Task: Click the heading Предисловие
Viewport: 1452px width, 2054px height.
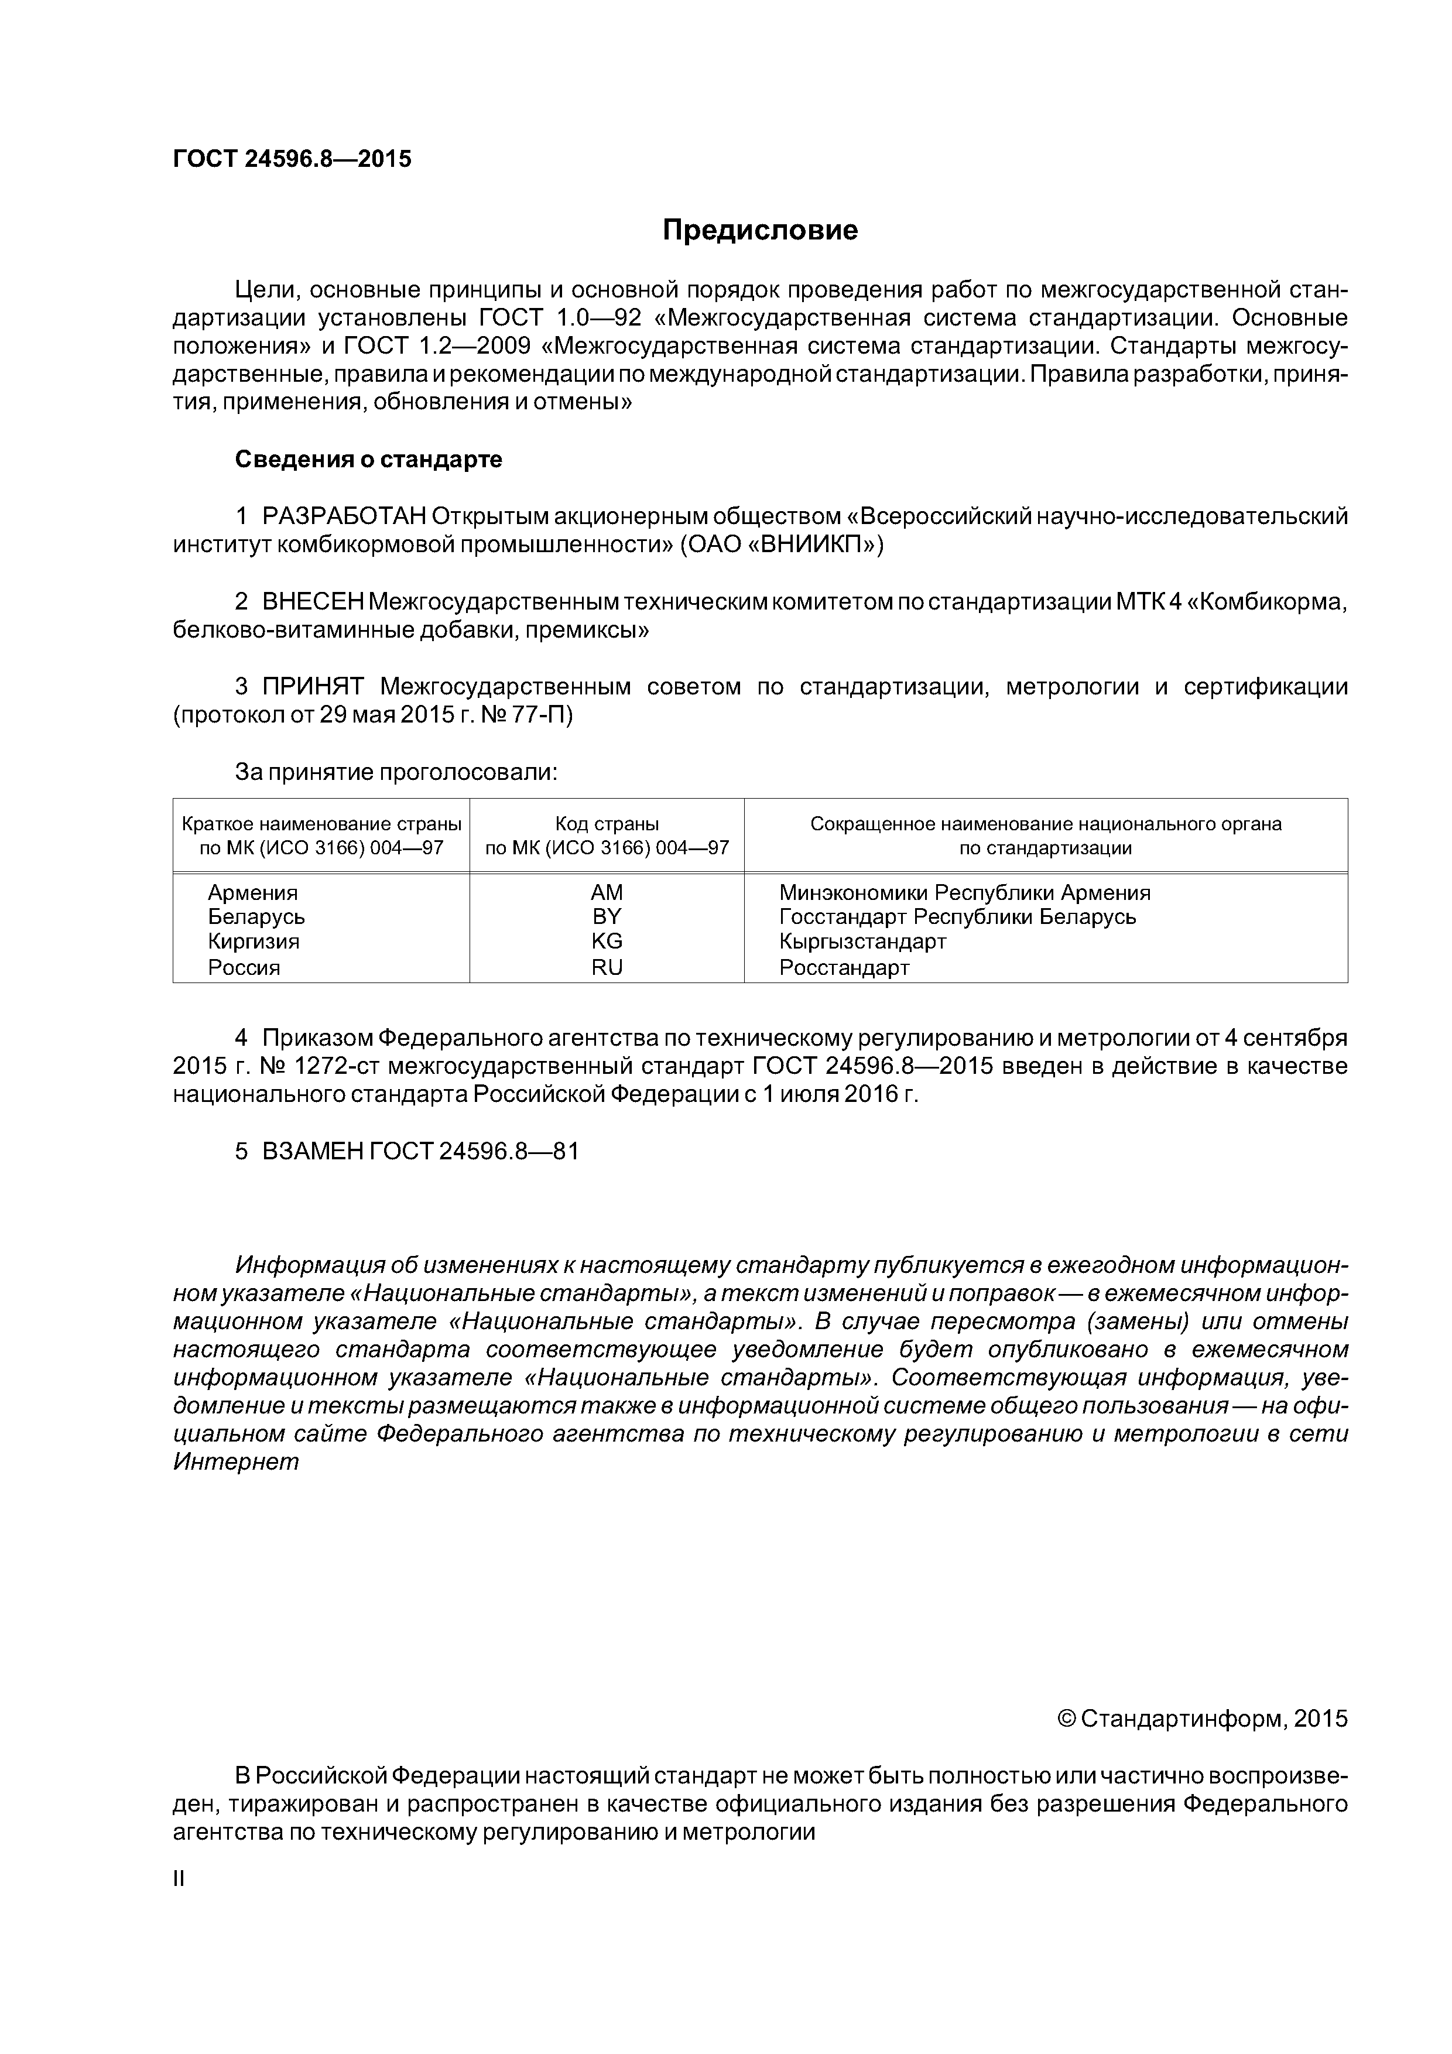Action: point(759,231)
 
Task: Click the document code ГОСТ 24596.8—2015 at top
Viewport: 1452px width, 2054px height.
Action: point(292,159)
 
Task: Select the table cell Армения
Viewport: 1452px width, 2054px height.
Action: point(252,893)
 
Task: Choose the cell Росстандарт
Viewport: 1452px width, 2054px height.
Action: point(844,967)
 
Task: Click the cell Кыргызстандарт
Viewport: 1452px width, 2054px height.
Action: point(861,941)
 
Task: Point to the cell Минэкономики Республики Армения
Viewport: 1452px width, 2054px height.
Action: point(964,893)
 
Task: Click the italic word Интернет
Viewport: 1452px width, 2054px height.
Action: point(235,1462)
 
